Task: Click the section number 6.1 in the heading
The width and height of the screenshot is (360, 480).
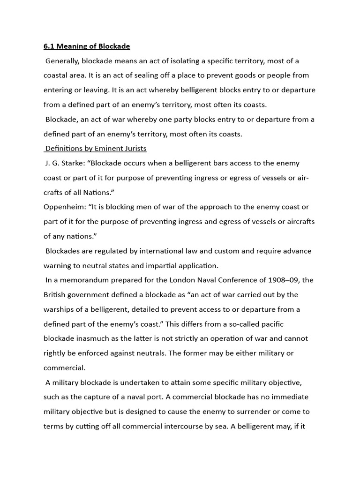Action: pyautogui.click(x=49, y=46)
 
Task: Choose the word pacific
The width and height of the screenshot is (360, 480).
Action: pyautogui.click(x=270, y=324)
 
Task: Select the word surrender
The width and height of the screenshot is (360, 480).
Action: pyautogui.click(x=261, y=412)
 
